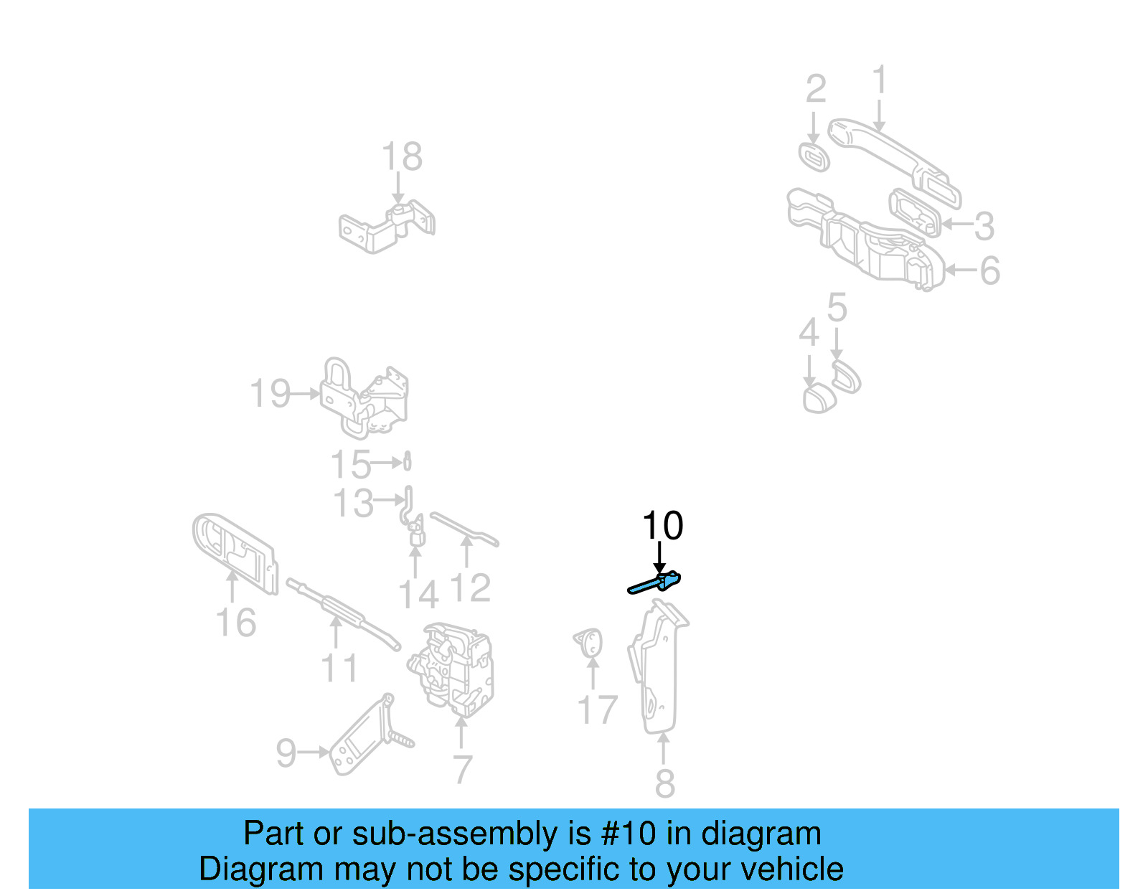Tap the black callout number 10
point(662,526)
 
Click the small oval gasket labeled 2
point(814,157)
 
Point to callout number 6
point(989,270)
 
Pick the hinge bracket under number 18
point(387,225)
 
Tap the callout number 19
point(269,394)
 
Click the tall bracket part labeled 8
point(657,667)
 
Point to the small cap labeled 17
point(589,642)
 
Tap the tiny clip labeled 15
point(408,461)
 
